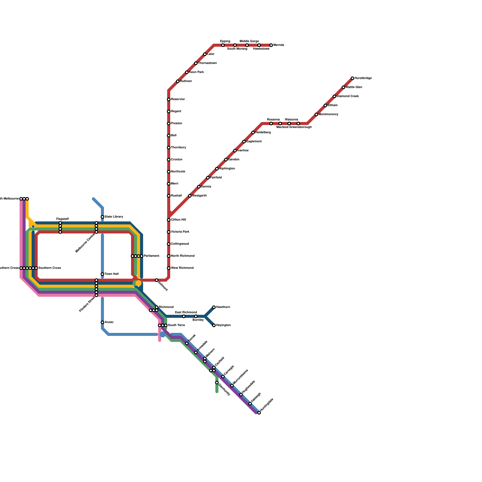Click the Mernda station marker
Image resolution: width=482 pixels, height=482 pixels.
point(271,45)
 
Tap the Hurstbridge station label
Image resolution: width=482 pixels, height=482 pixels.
point(363,78)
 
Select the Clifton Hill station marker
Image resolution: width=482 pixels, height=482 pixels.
point(169,220)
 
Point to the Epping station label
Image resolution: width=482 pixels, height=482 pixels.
point(225,41)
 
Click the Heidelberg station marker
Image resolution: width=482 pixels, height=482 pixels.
point(253,133)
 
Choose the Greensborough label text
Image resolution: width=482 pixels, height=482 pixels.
point(300,127)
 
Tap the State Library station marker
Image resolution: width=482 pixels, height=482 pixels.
point(102,217)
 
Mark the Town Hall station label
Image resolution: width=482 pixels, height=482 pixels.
point(111,274)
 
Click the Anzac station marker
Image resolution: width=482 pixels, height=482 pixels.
point(102,322)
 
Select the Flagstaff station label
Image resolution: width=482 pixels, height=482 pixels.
point(63,219)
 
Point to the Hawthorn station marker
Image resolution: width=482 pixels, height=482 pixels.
point(214,307)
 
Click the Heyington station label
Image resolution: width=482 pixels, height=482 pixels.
point(223,325)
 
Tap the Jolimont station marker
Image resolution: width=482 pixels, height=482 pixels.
point(157,280)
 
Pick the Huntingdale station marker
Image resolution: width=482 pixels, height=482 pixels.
point(259,413)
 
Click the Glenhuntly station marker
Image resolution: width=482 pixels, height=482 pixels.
point(217,383)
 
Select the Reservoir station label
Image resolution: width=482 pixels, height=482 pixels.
point(178,99)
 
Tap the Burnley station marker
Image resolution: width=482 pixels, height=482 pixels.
point(196,316)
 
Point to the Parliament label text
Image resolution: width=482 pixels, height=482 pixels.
point(151,256)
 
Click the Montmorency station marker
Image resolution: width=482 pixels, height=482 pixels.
point(316,114)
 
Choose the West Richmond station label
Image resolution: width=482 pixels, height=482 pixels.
point(182,268)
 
